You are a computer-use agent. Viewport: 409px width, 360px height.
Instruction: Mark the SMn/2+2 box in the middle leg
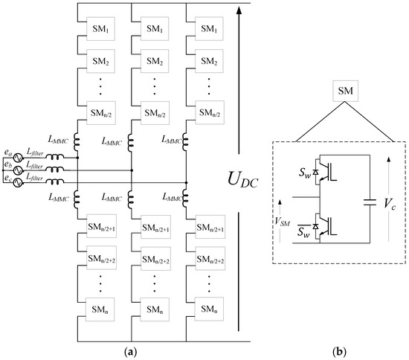pyautogui.click(x=152, y=257)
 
